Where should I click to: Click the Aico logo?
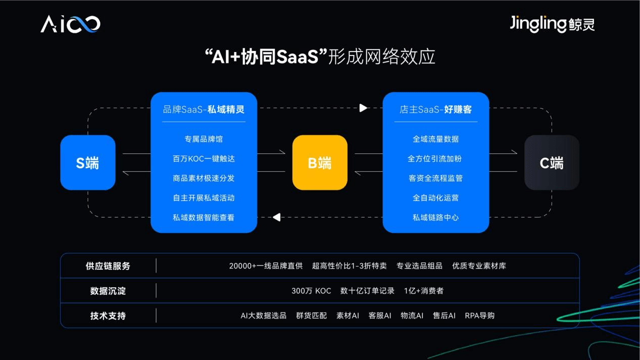click(70, 24)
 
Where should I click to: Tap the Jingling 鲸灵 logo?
click(552, 24)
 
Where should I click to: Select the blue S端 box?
click(88, 163)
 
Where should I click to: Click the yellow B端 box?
click(320, 163)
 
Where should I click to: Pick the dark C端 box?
click(552, 163)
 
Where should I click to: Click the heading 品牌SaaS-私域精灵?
click(204, 109)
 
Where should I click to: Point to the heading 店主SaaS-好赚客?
click(435, 109)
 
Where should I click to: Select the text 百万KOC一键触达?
click(204, 159)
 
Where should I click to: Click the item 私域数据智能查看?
click(204, 218)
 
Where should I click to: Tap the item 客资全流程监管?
click(435, 178)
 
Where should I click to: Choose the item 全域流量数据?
click(435, 139)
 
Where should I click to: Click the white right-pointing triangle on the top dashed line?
click(363, 108)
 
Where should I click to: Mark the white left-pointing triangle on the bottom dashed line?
click(276, 217)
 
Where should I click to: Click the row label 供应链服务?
click(108, 266)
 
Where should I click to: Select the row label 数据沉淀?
click(108, 291)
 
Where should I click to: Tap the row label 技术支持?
click(108, 316)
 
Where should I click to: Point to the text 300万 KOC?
click(311, 291)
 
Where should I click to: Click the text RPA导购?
click(479, 316)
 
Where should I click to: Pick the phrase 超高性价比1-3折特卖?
click(350, 266)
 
